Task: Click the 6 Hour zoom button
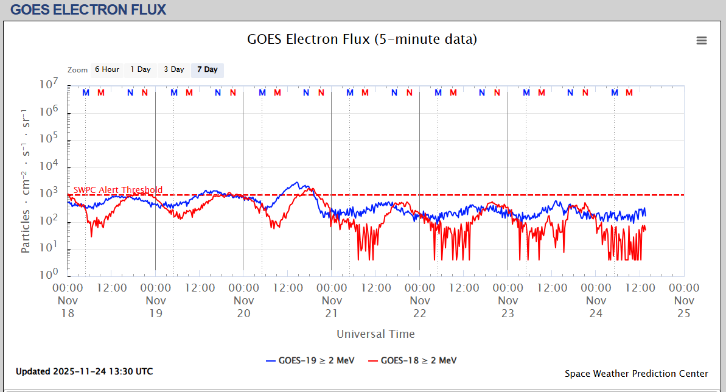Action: click(x=106, y=70)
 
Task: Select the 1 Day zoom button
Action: click(x=140, y=70)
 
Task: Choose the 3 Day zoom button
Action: click(x=173, y=70)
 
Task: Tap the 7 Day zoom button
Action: click(x=207, y=70)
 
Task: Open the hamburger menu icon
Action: click(x=702, y=41)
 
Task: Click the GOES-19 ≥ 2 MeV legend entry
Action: click(x=310, y=360)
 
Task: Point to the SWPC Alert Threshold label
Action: click(x=118, y=190)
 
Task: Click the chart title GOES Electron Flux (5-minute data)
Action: click(x=362, y=40)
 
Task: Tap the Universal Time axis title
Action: click(x=375, y=334)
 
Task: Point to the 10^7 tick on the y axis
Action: click(x=49, y=85)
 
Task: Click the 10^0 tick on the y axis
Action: click(x=49, y=275)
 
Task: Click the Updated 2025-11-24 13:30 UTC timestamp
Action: click(x=84, y=371)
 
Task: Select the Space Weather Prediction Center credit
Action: click(x=636, y=374)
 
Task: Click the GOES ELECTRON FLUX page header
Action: click(x=88, y=10)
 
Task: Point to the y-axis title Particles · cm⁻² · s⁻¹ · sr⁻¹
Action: click(x=26, y=181)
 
